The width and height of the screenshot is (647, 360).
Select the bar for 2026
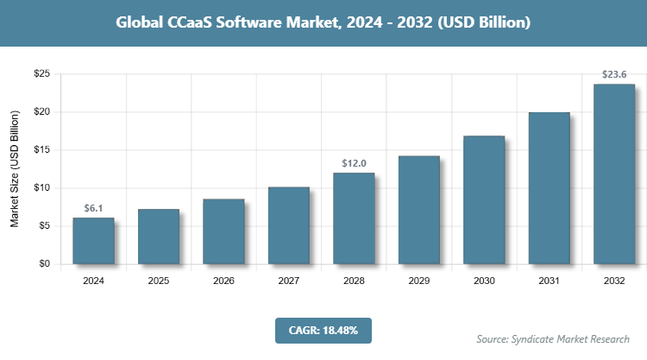[x=223, y=231]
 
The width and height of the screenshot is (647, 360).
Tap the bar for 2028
[x=354, y=218]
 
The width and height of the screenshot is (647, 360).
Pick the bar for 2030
[x=484, y=199]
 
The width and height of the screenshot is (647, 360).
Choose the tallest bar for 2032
[x=614, y=174]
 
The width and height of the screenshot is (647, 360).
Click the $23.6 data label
[x=614, y=74]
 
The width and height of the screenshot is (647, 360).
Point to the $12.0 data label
[x=354, y=163]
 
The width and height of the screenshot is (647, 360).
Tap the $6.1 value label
[x=93, y=208]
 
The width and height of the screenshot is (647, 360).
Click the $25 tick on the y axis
[x=41, y=74]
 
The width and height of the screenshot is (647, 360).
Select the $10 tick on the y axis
[x=41, y=188]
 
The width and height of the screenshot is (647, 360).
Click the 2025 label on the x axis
[x=159, y=281]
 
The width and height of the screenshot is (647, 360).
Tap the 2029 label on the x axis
[x=419, y=281]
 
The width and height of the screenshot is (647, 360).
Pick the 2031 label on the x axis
[x=550, y=281]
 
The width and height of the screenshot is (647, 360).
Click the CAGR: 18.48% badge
[x=323, y=330]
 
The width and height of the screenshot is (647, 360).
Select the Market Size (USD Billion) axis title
[x=15, y=169]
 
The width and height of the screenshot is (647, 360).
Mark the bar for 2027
[x=289, y=225]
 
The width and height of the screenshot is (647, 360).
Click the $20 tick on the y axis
[x=41, y=112]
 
